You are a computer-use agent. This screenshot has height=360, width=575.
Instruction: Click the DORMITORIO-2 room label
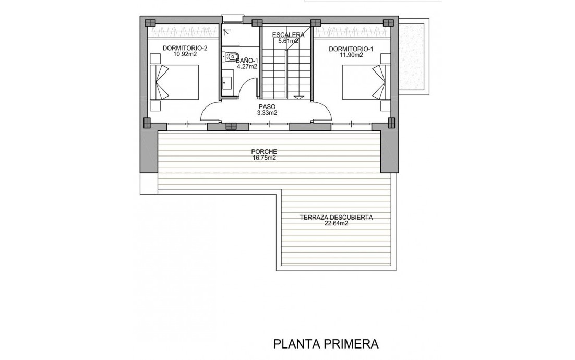click(x=185, y=48)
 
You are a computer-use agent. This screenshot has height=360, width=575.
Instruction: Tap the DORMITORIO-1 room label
click(x=351, y=49)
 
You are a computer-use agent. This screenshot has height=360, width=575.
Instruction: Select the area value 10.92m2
click(x=184, y=54)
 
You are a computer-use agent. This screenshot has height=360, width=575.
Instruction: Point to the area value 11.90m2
click(x=351, y=55)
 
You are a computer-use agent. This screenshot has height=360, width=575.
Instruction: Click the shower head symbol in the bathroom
click(x=226, y=32)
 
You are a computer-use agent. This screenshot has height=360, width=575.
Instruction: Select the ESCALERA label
click(x=288, y=35)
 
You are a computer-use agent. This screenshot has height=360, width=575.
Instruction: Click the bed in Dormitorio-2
click(x=175, y=82)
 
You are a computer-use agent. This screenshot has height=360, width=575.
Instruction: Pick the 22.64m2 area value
click(x=336, y=223)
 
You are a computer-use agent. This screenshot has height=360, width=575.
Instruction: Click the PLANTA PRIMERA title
click(x=326, y=344)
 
